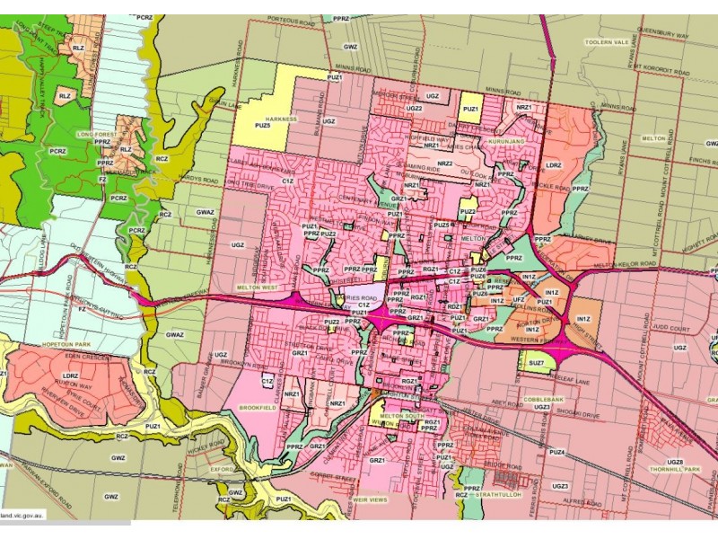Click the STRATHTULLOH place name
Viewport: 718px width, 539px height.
coord(498,494)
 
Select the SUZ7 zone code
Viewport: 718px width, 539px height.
coord(537,362)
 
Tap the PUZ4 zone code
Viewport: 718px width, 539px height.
coord(557,452)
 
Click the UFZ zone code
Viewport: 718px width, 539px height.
coord(519,299)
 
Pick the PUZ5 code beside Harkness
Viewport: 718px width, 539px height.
coord(262,125)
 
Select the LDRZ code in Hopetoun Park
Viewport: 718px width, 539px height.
coord(70,376)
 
